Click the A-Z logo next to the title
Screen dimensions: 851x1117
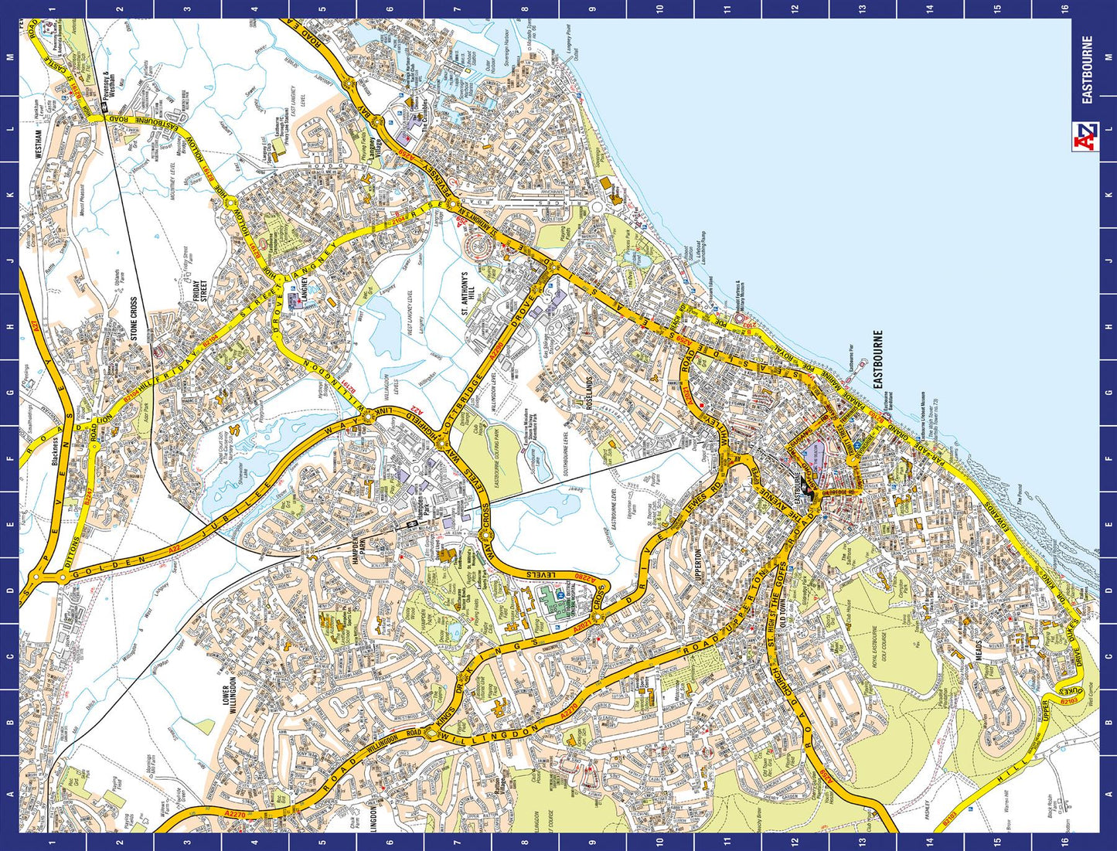click(1086, 138)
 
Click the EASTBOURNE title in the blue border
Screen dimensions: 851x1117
click(1087, 70)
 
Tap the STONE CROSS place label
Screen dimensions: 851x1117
click(134, 318)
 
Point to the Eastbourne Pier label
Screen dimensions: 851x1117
click(850, 367)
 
